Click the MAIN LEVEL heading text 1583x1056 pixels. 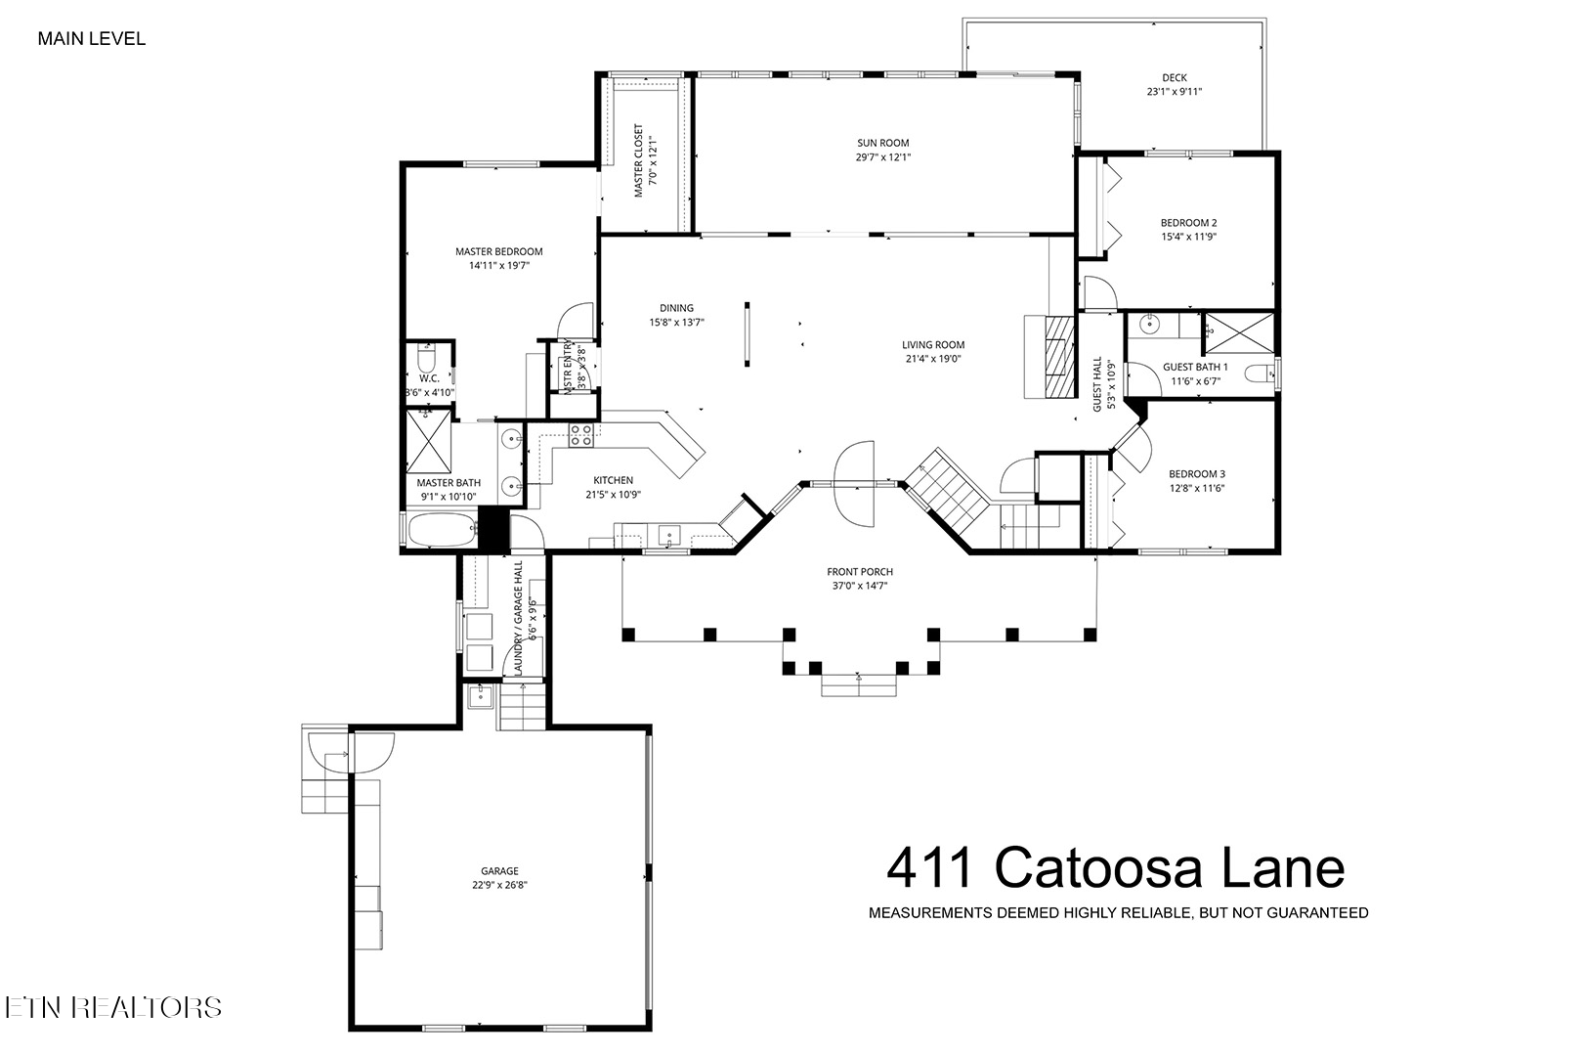92,39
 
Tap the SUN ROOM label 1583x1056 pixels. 883,143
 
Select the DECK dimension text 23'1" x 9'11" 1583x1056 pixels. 1175,91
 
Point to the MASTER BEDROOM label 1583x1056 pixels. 499,251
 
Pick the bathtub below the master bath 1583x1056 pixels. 442,530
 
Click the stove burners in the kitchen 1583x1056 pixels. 581,435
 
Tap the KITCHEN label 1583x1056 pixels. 614,480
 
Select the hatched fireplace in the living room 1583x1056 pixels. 1058,357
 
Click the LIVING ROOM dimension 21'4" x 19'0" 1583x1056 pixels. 933,359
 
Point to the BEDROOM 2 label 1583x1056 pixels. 1188,223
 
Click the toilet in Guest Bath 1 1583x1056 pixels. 1260,373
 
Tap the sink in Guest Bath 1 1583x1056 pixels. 1150,325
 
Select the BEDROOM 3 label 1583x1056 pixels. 1197,474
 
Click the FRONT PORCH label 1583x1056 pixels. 860,571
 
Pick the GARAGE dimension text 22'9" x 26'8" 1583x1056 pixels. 500,885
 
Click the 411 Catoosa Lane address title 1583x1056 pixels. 1116,867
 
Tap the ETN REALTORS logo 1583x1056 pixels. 113,1007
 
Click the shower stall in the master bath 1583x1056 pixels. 428,441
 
